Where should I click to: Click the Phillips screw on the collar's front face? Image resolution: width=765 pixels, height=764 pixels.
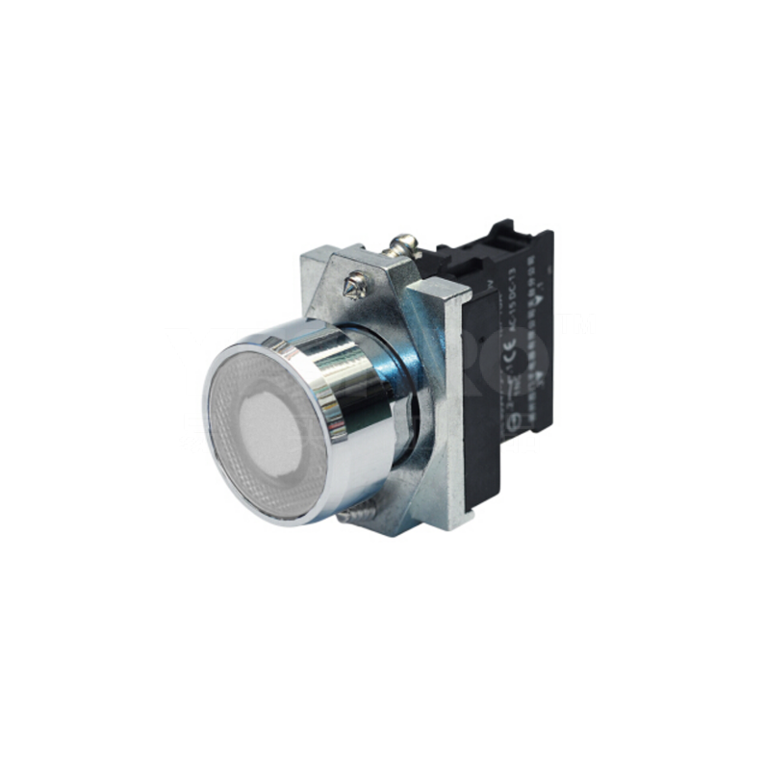pyautogui.click(x=355, y=282)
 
